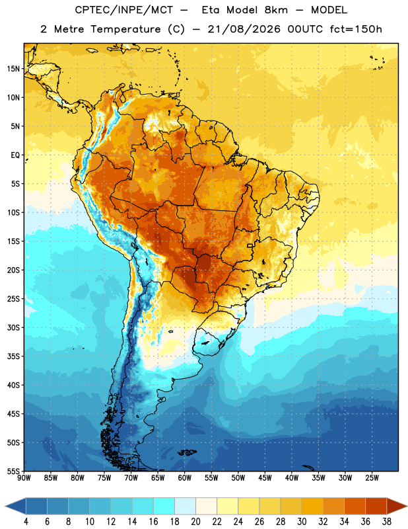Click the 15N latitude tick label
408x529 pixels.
(x=13, y=69)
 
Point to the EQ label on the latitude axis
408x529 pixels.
(x=15, y=155)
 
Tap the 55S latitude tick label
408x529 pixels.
(x=13, y=471)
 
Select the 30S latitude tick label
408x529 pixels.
(x=13, y=327)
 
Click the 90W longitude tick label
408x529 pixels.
(x=24, y=478)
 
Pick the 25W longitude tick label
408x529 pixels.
(x=372, y=478)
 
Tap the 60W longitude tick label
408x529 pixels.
(x=185, y=478)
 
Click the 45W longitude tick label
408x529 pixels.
(x=265, y=478)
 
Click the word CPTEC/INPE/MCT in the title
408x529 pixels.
(x=123, y=10)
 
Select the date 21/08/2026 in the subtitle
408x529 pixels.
(x=244, y=29)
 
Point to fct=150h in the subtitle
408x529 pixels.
(x=356, y=29)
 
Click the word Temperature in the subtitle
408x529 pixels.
(x=125, y=30)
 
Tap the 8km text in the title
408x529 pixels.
(x=276, y=10)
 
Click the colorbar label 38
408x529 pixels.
(x=387, y=522)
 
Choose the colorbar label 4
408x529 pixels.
(x=26, y=522)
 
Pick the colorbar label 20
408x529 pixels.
(x=195, y=522)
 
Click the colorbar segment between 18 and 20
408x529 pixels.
(x=185, y=506)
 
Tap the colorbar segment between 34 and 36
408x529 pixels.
(x=355, y=506)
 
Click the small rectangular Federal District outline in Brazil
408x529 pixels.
(x=250, y=245)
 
